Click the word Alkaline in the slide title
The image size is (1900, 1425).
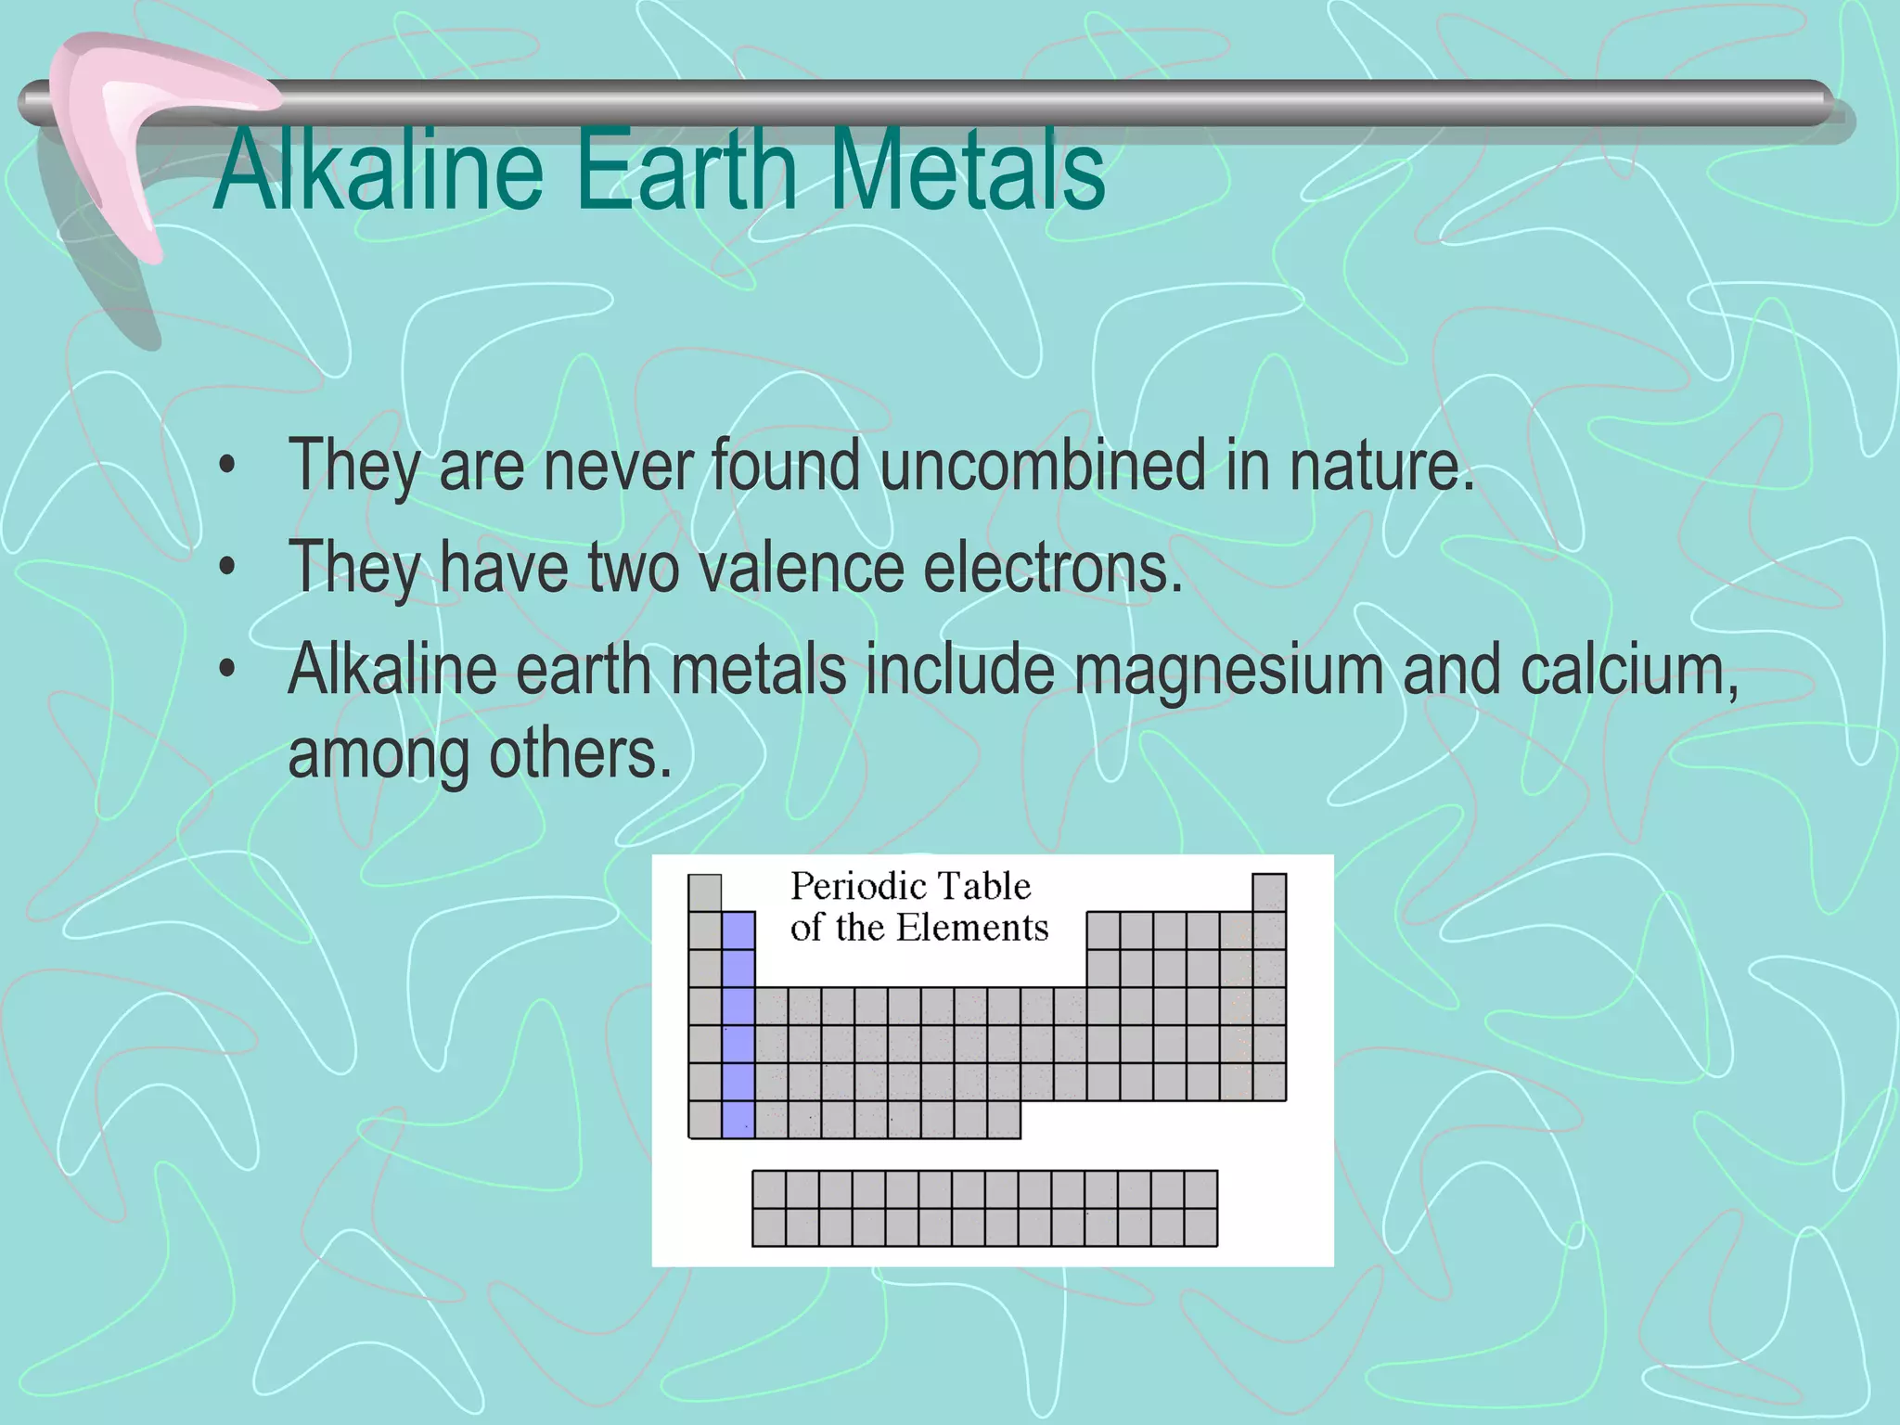point(379,170)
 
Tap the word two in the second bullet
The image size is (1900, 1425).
point(634,568)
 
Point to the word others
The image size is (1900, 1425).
point(579,754)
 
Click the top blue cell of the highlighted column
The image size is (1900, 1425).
point(738,931)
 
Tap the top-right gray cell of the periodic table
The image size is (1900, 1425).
point(1269,892)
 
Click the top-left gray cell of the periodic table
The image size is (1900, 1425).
point(705,892)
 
